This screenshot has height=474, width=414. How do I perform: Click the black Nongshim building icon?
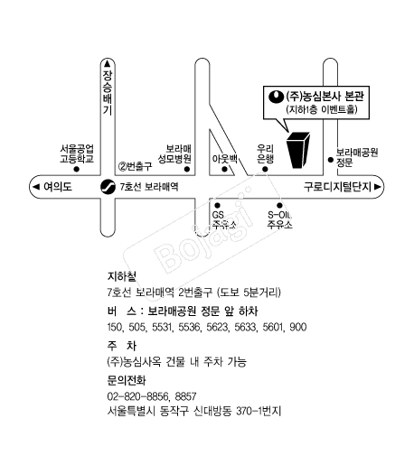pos(297,150)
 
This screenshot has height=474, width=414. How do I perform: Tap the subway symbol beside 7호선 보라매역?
pos(108,187)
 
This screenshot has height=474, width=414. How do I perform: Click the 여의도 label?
pos(58,187)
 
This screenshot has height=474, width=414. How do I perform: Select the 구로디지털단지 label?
pos(337,187)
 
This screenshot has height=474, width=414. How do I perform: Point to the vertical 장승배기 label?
pos(108,92)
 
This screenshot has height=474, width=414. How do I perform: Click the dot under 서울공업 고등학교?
pos(77,170)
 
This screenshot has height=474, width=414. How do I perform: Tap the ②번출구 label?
pos(135,166)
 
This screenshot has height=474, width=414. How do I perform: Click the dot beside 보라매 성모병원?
pos(187,170)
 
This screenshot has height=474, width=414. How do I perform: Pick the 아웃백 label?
pos(224,159)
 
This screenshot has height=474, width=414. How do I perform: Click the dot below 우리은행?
pos(265,170)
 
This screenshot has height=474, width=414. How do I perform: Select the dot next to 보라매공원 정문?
pos(331,160)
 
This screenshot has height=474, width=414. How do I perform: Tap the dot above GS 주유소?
pos(217,206)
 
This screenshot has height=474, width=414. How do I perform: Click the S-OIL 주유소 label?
pos(279,219)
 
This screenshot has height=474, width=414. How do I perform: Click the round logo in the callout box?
pos(276,97)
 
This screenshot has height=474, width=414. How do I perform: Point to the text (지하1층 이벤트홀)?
pos(322,109)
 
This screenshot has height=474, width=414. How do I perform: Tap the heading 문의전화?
pos(127,380)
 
